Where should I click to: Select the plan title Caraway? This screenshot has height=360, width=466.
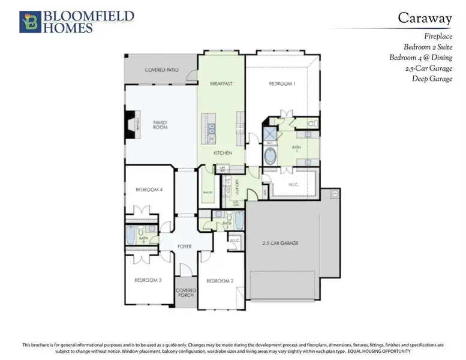click(425, 19)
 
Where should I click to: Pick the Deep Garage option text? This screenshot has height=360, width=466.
click(432, 79)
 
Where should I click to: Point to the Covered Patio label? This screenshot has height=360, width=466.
click(161, 70)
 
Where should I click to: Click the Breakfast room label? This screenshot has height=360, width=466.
click(220, 83)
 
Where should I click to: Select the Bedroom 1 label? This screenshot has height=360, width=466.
click(281, 84)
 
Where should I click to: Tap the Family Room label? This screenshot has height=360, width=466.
click(160, 125)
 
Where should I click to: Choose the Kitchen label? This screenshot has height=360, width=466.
click(223, 153)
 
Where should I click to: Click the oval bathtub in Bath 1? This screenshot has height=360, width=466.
click(271, 157)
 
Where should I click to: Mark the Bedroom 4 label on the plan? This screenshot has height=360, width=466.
click(149, 190)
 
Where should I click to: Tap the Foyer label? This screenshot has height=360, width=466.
click(185, 246)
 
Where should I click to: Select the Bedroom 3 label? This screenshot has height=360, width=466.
click(148, 280)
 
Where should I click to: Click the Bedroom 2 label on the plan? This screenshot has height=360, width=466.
click(220, 280)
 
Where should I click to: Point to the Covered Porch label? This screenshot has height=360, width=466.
click(186, 293)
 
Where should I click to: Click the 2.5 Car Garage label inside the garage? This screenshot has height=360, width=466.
click(281, 243)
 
